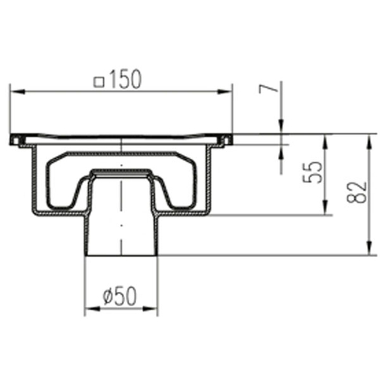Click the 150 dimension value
(x=125, y=79)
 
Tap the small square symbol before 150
(x=99, y=82)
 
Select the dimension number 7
(x=268, y=88)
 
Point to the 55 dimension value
(x=313, y=172)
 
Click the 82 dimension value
(x=357, y=192)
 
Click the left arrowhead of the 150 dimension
(x=17, y=92)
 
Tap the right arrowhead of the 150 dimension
(x=224, y=92)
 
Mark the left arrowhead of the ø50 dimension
(x=93, y=309)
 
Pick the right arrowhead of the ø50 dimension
(x=150, y=309)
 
